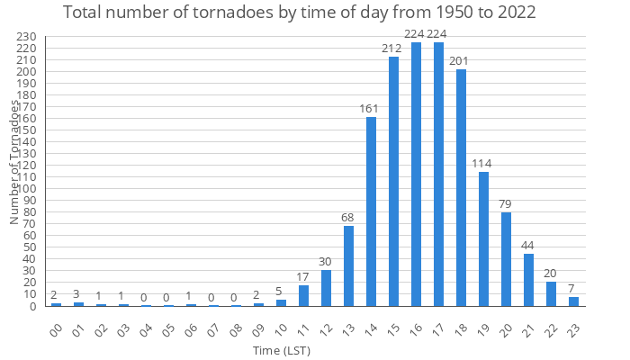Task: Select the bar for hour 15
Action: click(393, 181)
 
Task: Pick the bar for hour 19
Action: click(483, 238)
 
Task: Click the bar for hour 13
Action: click(348, 265)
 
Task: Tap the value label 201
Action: click(461, 62)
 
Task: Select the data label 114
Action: click(483, 164)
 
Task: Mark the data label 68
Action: click(348, 219)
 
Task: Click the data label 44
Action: click(528, 247)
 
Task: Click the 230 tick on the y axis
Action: click(27, 37)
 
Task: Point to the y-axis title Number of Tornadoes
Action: click(15, 162)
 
